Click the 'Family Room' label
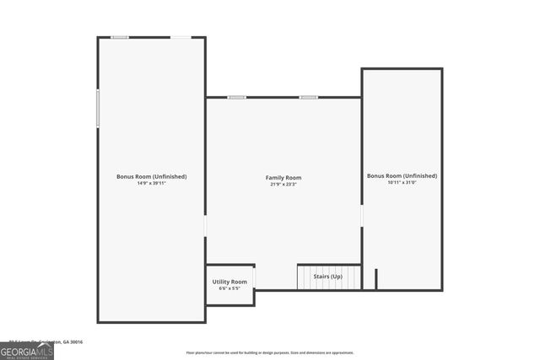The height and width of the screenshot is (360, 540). [283, 178]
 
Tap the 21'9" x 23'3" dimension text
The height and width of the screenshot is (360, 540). [283, 184]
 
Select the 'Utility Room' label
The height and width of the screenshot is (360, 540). [229, 282]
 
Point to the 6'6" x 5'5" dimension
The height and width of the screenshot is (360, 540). [229, 288]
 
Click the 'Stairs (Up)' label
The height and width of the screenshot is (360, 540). [328, 277]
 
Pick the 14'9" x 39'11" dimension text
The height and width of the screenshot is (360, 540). [152, 183]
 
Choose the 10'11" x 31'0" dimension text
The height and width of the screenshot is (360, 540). [402, 182]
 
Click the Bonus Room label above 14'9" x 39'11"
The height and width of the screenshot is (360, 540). [152, 176]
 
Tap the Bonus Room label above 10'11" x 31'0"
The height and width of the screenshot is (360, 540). [402, 175]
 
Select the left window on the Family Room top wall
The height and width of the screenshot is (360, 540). [237, 97]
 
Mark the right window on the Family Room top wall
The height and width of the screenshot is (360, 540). [309, 97]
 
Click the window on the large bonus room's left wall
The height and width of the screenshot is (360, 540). [98, 109]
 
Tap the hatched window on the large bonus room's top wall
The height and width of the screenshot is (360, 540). [121, 37]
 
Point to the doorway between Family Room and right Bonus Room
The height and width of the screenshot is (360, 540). [362, 217]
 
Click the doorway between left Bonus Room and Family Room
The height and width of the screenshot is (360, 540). [205, 227]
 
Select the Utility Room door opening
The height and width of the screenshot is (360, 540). [255, 277]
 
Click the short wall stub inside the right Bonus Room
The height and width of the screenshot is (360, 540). [375, 279]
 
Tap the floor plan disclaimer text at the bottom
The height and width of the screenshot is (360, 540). [270, 353]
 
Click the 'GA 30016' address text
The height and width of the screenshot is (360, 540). [77, 343]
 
